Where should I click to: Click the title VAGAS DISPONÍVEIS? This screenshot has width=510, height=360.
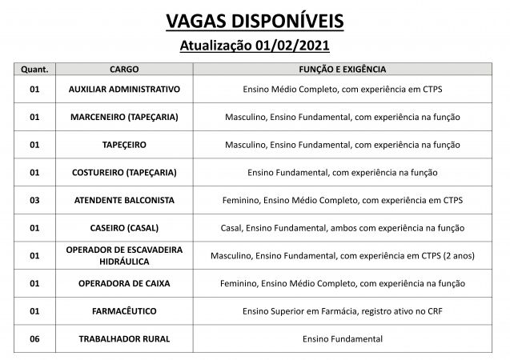[255, 18]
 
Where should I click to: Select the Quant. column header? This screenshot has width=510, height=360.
[34, 70]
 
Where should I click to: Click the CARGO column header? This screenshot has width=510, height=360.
[123, 70]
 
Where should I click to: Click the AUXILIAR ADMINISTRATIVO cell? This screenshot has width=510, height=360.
[123, 89]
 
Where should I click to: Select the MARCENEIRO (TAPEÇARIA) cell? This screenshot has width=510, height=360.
[123, 117]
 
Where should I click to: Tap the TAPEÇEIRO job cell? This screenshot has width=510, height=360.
[123, 145]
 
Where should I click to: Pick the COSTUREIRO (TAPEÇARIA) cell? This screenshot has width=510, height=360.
[123, 172]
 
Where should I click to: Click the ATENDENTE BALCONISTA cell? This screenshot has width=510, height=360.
[123, 200]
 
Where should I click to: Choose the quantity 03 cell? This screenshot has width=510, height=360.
[34, 200]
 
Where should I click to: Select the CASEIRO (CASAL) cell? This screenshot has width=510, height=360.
[123, 228]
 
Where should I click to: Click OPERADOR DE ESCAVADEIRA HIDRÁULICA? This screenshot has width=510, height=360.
[123, 255]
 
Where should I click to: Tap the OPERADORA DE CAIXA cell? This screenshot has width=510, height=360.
[123, 283]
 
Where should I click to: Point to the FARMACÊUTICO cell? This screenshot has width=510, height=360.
[123, 311]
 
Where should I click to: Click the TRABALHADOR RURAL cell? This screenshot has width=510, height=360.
[123, 339]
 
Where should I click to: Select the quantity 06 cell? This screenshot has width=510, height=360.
[34, 339]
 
